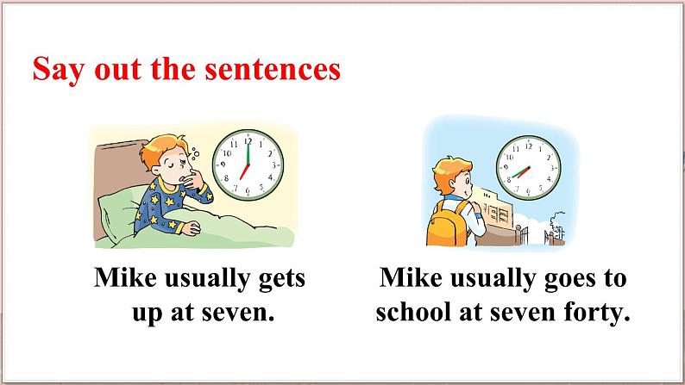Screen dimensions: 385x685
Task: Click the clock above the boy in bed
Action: (x=248, y=163)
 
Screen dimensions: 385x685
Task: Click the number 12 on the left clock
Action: (x=248, y=139)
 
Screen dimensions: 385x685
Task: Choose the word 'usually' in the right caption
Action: (x=493, y=281)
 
